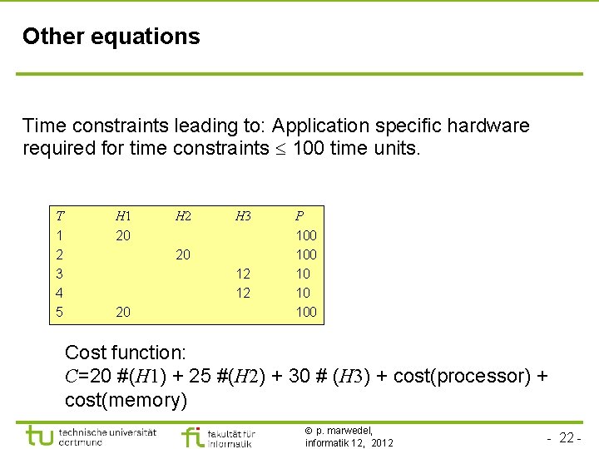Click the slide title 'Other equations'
click(111, 37)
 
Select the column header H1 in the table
click(123, 216)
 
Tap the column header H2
click(183, 216)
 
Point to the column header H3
click(243, 216)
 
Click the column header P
click(299, 216)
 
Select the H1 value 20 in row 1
click(123, 235)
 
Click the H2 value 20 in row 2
click(183, 254)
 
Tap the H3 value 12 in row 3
click(243, 274)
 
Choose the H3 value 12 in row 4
click(243, 293)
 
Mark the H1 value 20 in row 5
click(123, 312)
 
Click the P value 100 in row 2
click(306, 254)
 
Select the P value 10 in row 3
click(303, 274)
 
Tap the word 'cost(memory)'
click(126, 400)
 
